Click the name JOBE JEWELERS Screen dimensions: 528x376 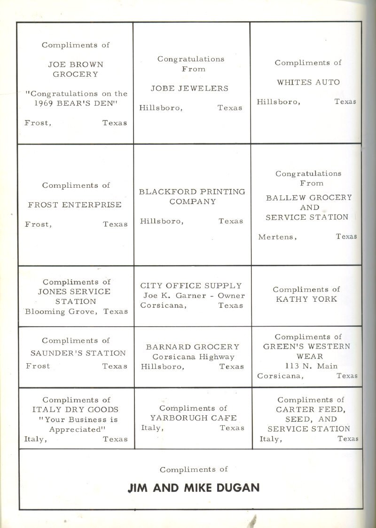pyautogui.click(x=189, y=88)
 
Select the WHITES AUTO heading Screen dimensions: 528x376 pyautogui.click(x=308, y=82)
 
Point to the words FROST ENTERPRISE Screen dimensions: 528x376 pyautogui.click(x=75, y=205)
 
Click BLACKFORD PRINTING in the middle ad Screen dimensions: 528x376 pyautogui.click(x=192, y=191)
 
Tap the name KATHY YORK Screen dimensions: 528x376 pyautogui.click(x=306, y=299)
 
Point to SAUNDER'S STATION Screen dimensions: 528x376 pyautogui.click(x=78, y=353)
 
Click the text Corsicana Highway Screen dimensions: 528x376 pyautogui.click(x=193, y=357)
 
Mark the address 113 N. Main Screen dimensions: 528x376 pyautogui.click(x=311, y=366)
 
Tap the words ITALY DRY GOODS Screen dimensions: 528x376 pyautogui.click(x=75, y=410)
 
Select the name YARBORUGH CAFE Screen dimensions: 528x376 pyautogui.click(x=193, y=418)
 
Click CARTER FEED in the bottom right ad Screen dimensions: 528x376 pyautogui.click(x=310, y=409)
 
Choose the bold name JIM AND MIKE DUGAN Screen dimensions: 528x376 pyautogui.click(x=193, y=488)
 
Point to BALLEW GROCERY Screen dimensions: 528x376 pyautogui.click(x=308, y=198)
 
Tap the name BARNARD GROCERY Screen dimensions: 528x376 pyautogui.click(x=193, y=347)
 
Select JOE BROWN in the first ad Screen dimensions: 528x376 pyautogui.click(x=75, y=64)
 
